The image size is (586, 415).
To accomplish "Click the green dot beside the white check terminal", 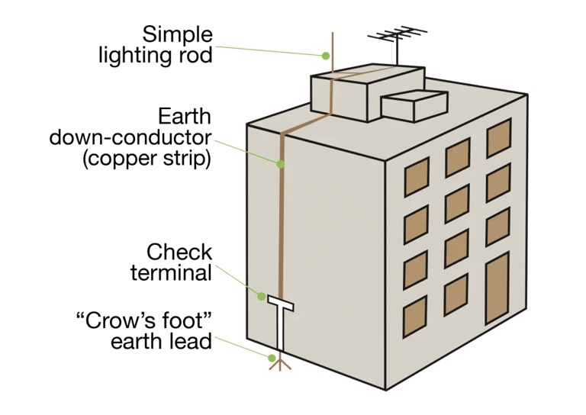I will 261,296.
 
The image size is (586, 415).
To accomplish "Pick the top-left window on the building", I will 416,179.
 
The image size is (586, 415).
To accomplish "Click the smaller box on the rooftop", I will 414,105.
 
